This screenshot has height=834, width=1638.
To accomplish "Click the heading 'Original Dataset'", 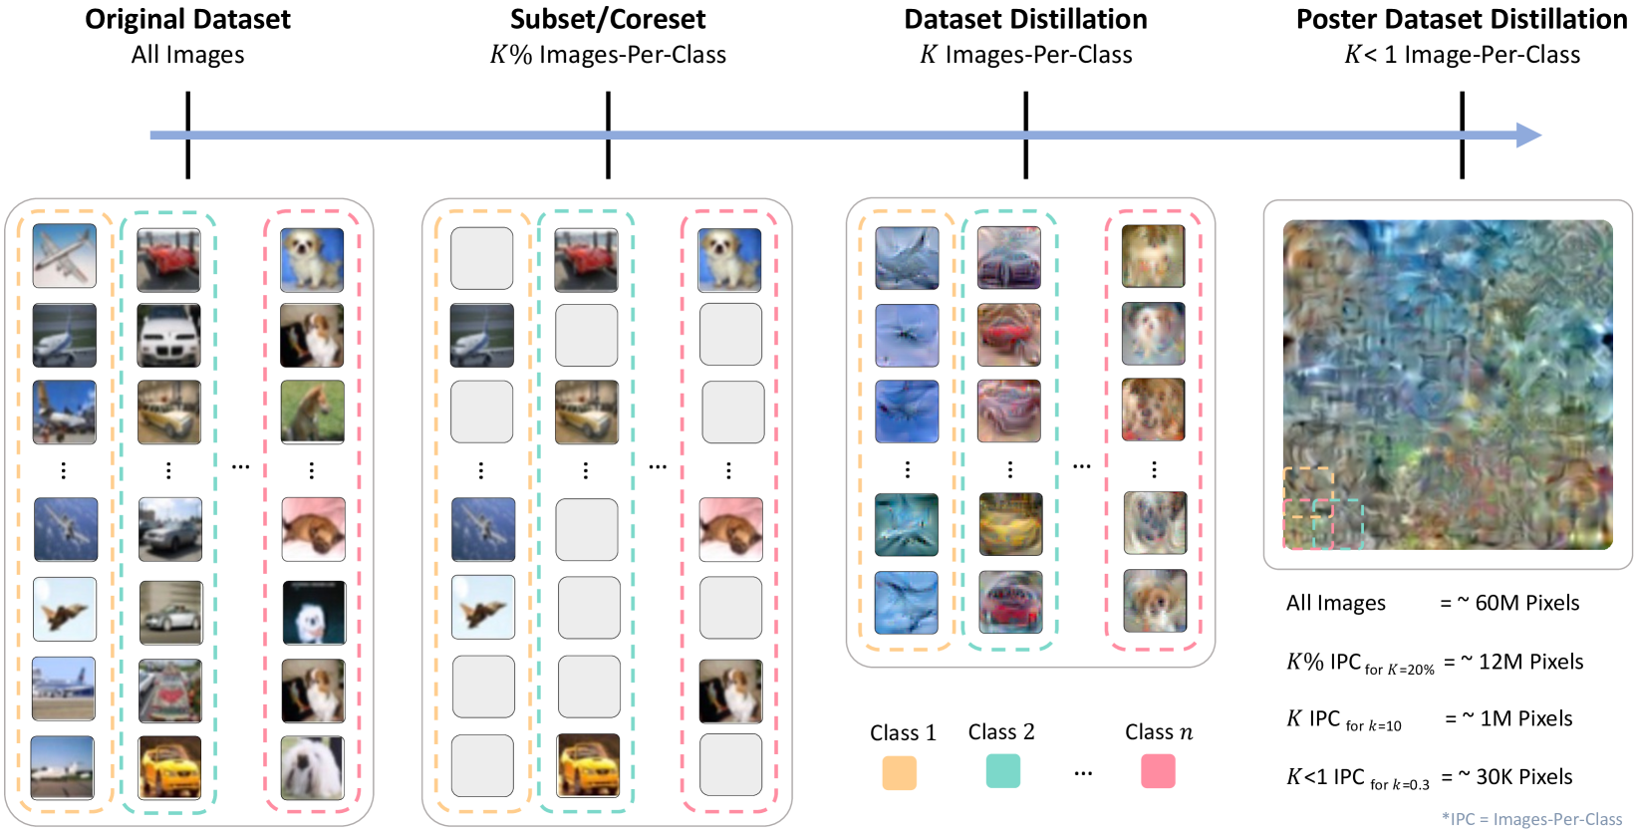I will tap(187, 19).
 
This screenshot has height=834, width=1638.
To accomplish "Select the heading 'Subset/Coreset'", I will tap(608, 19).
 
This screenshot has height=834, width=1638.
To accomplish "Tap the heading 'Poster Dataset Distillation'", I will tap(1461, 19).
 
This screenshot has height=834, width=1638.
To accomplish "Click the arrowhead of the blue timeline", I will tap(1529, 135).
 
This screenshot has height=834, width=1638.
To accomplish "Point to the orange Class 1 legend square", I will tap(899, 772).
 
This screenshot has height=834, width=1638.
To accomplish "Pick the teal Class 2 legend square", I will tap(1002, 771).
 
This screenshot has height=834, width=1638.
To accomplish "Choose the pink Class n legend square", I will tap(1158, 771).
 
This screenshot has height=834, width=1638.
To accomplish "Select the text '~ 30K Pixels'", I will tap(1514, 776).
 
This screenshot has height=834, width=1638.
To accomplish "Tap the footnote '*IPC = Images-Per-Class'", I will tap(1531, 819).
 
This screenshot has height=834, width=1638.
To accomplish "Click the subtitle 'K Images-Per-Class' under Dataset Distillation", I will tap(1025, 55).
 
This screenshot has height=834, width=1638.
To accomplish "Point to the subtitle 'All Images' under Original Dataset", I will tap(187, 55).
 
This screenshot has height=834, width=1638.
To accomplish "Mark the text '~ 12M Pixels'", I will tap(1521, 662).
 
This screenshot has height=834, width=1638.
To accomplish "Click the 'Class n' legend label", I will tap(1158, 732).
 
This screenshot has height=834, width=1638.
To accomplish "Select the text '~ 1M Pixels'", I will tap(1517, 718).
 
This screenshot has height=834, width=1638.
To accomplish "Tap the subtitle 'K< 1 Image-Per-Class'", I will tap(1462, 55).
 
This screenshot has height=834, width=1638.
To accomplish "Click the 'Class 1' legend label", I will tap(903, 733).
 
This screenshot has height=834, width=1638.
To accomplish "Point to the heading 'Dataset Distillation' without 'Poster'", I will tap(1025, 19).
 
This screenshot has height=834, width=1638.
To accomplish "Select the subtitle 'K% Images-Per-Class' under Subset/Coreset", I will tap(608, 55).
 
